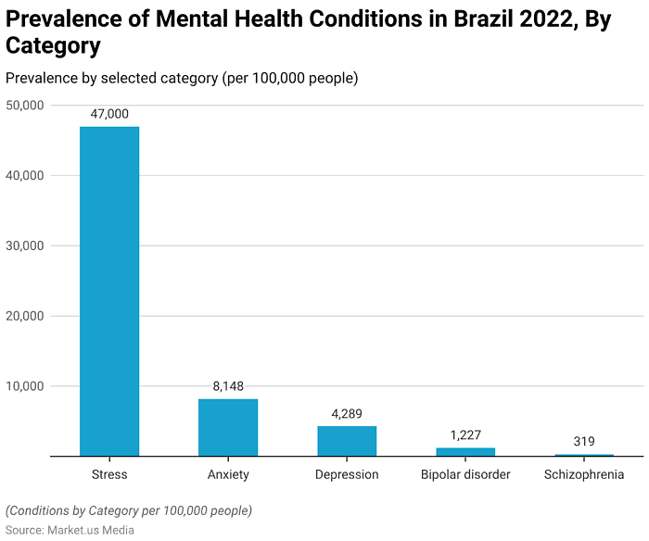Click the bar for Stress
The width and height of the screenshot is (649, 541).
(x=109, y=291)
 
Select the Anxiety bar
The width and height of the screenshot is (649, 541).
(x=228, y=427)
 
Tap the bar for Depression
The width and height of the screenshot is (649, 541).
(x=347, y=441)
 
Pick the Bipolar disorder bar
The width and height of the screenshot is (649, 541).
(x=465, y=452)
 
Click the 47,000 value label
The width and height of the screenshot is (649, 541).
(x=109, y=114)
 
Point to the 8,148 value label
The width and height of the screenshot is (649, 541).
(x=228, y=386)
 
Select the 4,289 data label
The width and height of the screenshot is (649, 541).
(x=347, y=413)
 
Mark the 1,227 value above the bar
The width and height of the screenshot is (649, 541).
(x=465, y=435)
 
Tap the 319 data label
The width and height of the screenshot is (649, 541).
(x=584, y=442)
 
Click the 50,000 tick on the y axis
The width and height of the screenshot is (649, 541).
(x=26, y=106)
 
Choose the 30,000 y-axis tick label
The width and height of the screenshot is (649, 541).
(x=26, y=245)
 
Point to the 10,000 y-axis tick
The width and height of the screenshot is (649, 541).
(x=26, y=386)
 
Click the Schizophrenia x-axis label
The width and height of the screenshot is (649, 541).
(x=584, y=474)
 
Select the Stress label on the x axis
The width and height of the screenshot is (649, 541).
(x=109, y=474)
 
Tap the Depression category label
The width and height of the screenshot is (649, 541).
(x=347, y=474)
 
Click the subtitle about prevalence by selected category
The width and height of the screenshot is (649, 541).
(x=182, y=78)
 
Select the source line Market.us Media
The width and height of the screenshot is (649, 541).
(x=70, y=530)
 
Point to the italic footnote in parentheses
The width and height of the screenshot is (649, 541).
(x=129, y=510)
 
